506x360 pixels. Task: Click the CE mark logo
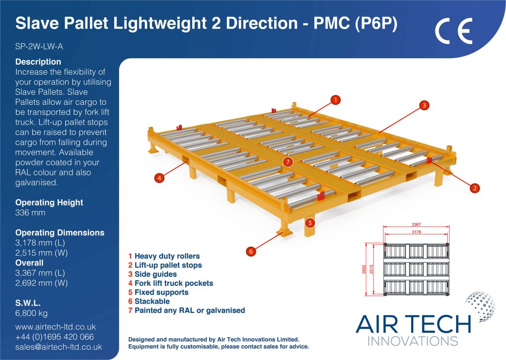tap(454, 31)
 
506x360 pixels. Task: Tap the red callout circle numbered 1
tap(336, 100)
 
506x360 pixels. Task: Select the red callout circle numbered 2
tap(475, 188)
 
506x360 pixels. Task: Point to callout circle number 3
tap(424, 105)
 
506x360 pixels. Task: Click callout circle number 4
tap(159, 178)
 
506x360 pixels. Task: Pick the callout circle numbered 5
tap(310, 223)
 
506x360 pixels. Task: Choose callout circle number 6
tap(251, 251)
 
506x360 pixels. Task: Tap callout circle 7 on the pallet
tap(288, 162)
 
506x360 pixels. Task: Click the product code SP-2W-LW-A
tap(39, 46)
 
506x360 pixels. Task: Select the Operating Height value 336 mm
tap(30, 213)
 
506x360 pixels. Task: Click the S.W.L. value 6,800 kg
tap(31, 313)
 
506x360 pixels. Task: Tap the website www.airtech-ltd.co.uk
tap(55, 327)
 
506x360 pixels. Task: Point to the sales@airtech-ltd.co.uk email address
tap(58, 347)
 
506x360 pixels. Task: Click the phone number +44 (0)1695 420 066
tap(54, 337)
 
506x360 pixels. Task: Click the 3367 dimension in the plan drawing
tap(416, 225)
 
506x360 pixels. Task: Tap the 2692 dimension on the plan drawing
tap(364, 270)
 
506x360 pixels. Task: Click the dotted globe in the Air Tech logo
tap(480, 306)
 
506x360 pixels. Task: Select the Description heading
tap(38, 62)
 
